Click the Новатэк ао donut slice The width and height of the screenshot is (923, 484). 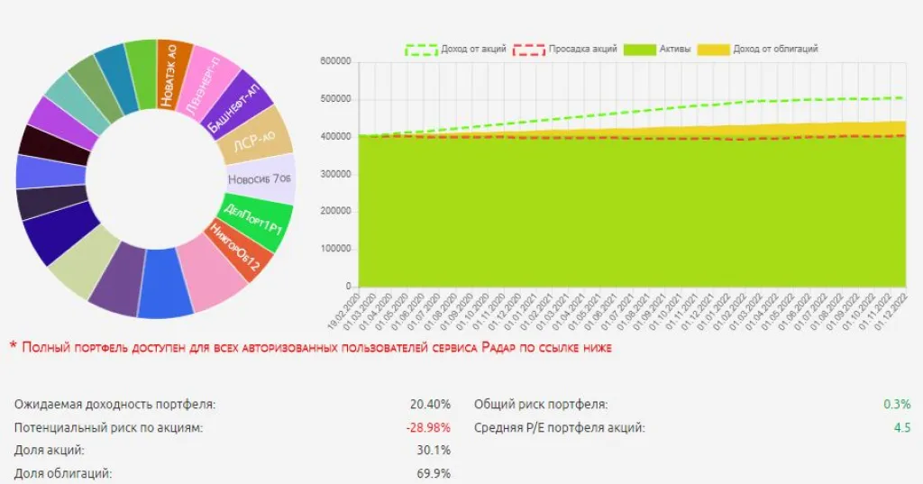click(x=174, y=73)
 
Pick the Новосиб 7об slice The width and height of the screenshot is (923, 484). click(x=261, y=179)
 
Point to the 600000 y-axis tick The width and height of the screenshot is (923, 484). click(x=334, y=61)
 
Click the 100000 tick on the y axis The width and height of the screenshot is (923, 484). click(x=334, y=249)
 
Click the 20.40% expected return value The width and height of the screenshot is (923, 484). click(x=431, y=405)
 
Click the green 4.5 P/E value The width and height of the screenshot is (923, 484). click(x=901, y=427)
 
